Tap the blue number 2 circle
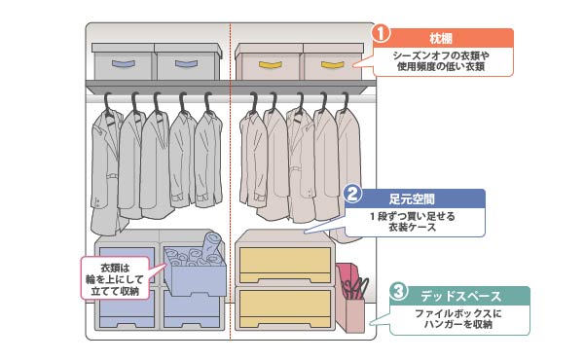(353, 194)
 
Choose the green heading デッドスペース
(461, 295)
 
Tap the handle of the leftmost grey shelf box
(123, 64)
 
